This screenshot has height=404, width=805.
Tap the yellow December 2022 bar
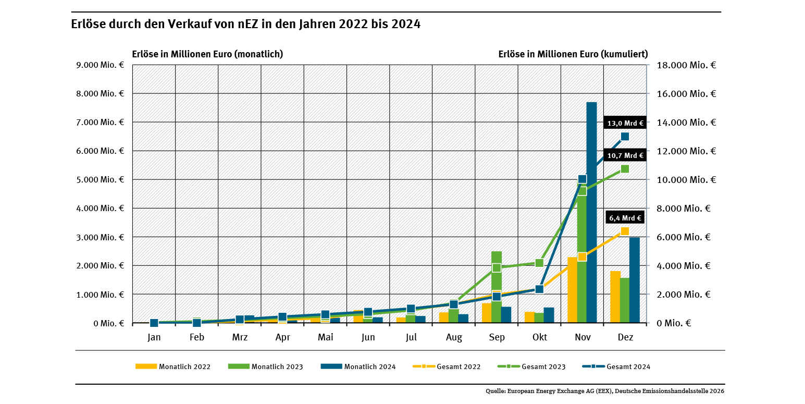pos(615,297)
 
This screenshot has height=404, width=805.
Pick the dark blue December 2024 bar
pos(634,281)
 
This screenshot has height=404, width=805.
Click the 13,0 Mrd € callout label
pos(625,124)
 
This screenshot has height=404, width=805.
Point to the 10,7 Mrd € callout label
pos(625,155)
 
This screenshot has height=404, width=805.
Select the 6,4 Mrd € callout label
pos(625,218)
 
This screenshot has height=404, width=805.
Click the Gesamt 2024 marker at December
pos(625,137)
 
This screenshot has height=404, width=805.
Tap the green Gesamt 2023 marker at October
pos(540,263)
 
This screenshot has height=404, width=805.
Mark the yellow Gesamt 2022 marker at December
pos(625,231)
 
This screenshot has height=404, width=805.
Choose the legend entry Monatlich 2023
pos(266,366)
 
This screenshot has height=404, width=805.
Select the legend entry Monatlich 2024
pos(358,366)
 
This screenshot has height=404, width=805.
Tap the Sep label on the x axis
pos(497,337)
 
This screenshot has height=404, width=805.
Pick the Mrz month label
pos(240,337)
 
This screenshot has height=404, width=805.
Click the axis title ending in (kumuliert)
pos(573,54)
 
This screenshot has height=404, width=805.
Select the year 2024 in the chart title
pos(406,24)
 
